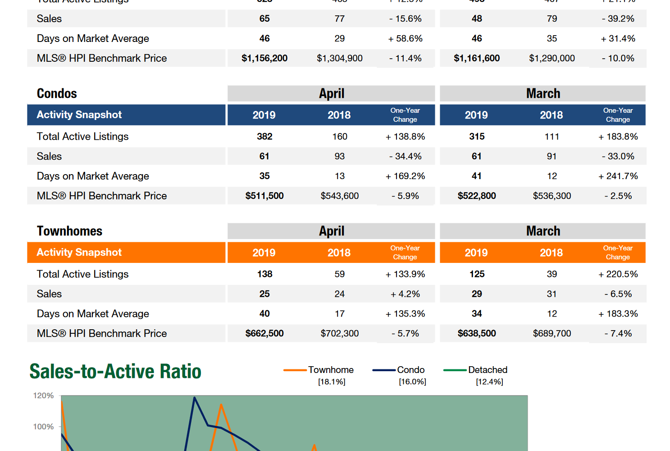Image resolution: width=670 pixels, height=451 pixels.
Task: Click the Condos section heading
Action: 57,93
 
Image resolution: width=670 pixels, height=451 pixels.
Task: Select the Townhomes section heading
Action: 69,231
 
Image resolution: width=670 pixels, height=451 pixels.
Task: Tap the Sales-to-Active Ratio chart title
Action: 115,371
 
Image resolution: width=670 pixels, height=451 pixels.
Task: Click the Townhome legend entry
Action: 330,370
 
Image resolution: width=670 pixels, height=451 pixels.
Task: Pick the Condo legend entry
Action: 410,370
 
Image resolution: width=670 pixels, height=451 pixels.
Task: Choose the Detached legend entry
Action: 488,370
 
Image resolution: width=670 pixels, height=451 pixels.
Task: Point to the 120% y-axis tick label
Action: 43,396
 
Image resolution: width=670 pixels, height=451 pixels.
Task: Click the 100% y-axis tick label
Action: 43,427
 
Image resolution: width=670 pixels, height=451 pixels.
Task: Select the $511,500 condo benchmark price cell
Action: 264,196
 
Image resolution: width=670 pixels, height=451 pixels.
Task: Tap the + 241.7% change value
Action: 618,176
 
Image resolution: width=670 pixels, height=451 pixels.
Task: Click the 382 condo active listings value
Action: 264,136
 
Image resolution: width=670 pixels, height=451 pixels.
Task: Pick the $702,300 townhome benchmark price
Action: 340,333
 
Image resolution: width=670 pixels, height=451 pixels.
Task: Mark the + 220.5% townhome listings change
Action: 618,274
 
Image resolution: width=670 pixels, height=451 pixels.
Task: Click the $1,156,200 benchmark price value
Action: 264,58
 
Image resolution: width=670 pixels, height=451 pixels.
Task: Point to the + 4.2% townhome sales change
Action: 406,294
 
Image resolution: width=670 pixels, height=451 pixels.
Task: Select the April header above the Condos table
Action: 332,93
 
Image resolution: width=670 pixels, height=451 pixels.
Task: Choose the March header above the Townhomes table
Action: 543,231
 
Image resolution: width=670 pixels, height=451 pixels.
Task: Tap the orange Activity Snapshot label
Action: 79,252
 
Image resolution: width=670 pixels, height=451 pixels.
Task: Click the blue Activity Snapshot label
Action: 79,115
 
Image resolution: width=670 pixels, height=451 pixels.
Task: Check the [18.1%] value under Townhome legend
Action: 332,382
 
